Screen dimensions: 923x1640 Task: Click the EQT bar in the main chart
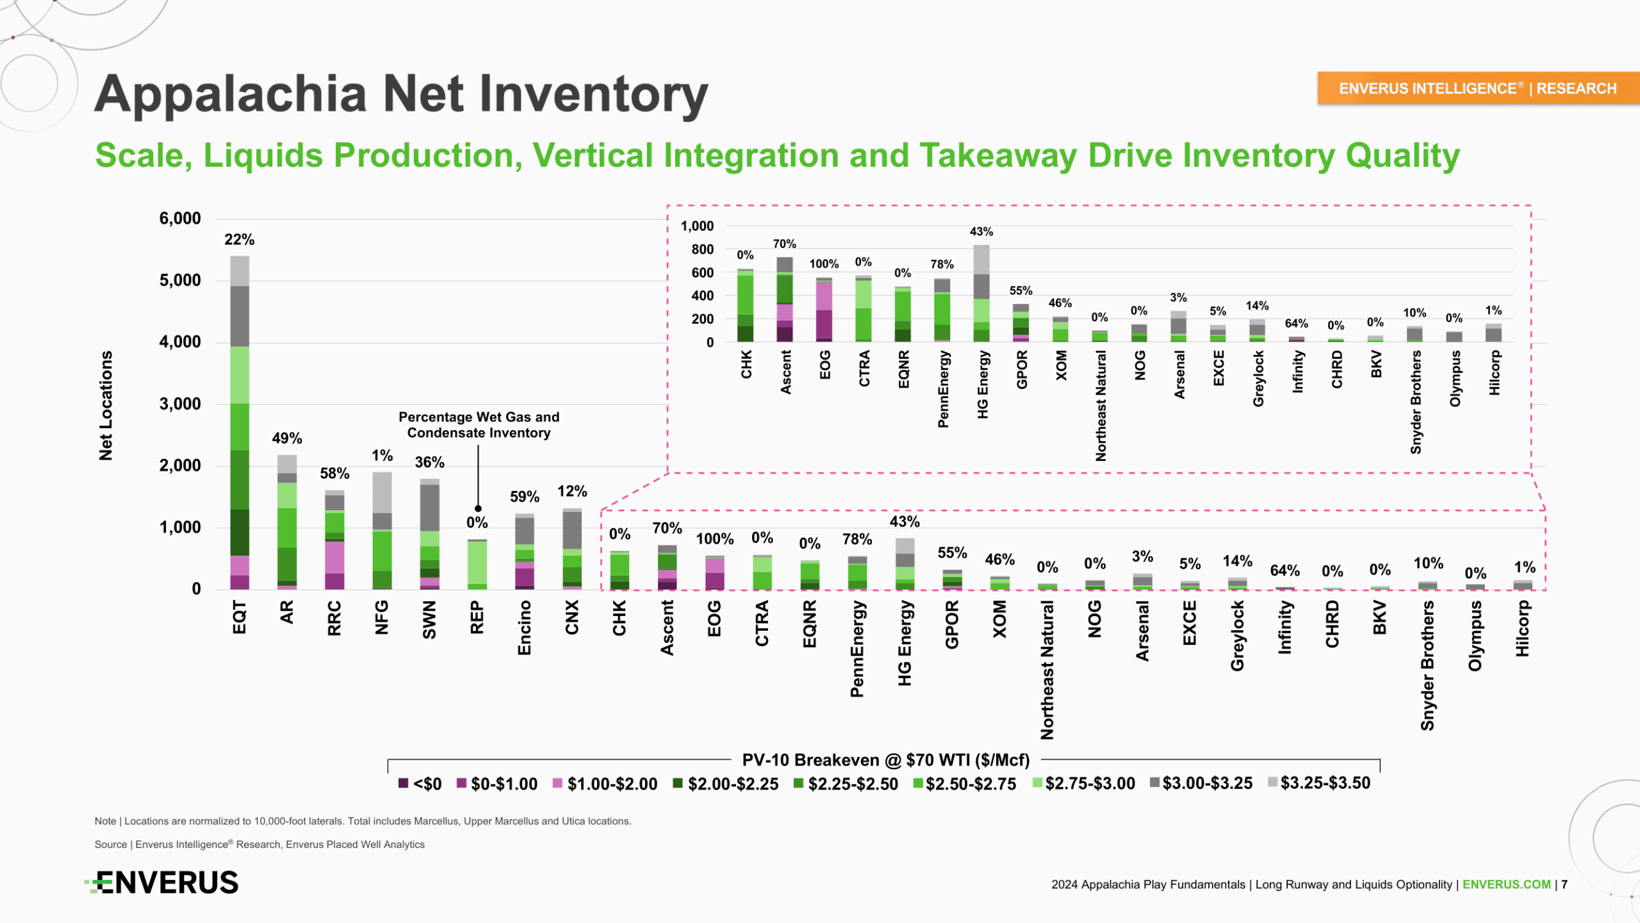240,423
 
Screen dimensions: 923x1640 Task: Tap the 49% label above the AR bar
286,438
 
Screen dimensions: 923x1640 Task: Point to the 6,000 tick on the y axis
180,219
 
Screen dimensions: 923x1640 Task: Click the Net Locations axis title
106,405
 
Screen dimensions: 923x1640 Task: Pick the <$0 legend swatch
403,783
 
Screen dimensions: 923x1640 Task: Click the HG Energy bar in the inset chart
981,294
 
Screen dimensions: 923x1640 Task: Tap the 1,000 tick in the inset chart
697,226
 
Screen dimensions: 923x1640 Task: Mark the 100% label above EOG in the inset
824,264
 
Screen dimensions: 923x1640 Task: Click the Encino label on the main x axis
525,628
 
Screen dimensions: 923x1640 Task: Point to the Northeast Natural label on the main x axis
1047,670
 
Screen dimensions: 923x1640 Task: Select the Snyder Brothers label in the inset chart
1416,402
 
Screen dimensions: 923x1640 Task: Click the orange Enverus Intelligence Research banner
1477,88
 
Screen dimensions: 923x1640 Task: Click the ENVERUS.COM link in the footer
1506,885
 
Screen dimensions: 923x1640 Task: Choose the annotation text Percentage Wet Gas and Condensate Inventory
479,425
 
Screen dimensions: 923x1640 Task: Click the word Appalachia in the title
231,94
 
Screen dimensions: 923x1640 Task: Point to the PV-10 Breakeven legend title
885,760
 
